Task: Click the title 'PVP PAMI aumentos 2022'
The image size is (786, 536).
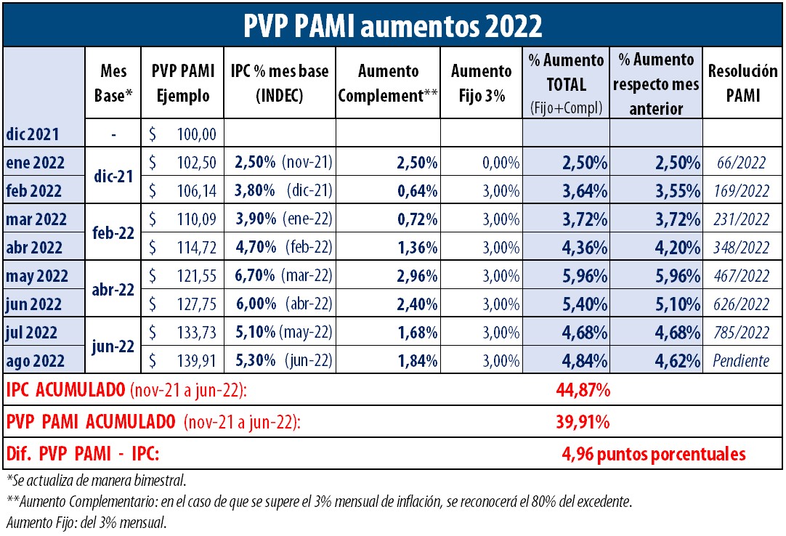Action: click(x=392, y=25)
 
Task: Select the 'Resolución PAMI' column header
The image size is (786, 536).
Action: click(x=742, y=83)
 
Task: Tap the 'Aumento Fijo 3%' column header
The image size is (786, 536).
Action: click(x=481, y=83)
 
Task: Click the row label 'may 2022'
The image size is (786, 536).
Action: click(x=36, y=276)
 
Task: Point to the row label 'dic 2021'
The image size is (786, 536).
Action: click(x=33, y=134)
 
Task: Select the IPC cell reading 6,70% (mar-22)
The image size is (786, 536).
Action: click(x=282, y=276)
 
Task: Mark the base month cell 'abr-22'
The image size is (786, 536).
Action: click(x=114, y=290)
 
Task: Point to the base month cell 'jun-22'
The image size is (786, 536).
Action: click(x=114, y=346)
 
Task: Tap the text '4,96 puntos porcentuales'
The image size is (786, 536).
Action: click(x=654, y=454)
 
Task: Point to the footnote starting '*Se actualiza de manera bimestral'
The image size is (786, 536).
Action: click(x=94, y=481)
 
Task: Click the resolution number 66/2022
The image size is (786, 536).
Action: click(x=741, y=163)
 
